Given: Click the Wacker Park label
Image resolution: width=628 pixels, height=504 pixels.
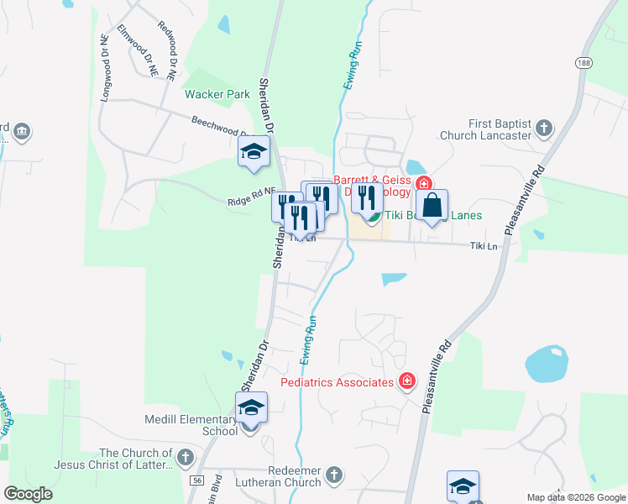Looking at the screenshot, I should [218, 95].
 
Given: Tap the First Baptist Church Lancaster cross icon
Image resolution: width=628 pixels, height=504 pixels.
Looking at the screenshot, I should [544, 129].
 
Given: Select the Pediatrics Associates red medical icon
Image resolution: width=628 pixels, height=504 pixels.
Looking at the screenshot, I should [407, 382].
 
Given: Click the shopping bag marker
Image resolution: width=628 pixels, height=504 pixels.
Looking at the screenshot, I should [432, 206].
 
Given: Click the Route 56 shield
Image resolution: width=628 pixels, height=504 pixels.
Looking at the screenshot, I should [196, 480].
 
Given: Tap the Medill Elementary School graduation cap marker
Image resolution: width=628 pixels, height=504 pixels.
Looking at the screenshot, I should [251, 409].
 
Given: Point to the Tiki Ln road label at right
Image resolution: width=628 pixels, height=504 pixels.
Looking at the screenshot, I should [484, 246].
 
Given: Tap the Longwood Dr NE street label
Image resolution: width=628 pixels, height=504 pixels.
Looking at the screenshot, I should [105, 68].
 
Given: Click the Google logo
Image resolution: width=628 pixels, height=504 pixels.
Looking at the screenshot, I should [28, 494].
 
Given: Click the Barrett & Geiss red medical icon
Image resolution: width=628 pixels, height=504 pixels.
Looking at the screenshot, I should [424, 184].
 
